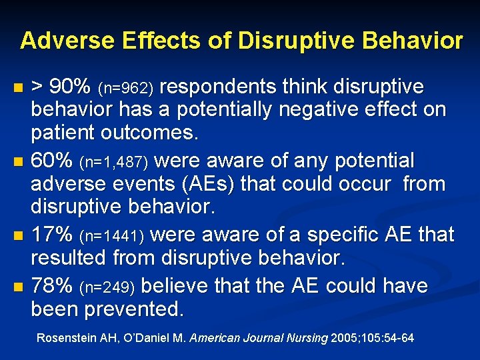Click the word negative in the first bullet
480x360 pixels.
click(319, 110)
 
